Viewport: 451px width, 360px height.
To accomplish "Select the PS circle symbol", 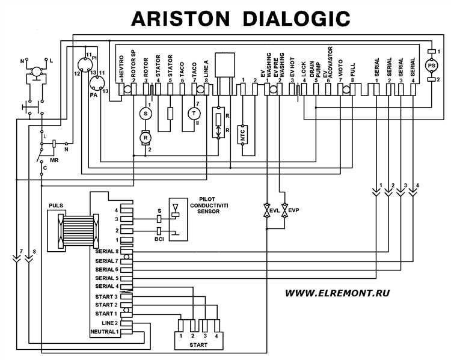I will [431, 64].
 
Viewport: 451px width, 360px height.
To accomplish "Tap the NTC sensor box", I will [244, 135].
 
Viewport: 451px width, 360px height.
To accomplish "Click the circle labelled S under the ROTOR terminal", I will [144, 113].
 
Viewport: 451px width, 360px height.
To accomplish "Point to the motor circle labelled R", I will [144, 138].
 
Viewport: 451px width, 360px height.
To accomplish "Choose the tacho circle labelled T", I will [194, 113].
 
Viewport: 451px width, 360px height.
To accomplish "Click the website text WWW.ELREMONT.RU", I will [338, 293].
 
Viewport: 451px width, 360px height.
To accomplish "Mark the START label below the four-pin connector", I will [198, 346].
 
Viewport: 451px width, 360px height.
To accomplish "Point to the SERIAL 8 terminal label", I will [107, 251].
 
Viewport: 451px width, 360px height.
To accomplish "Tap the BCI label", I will [159, 239].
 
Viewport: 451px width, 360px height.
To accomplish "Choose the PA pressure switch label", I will [93, 94].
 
